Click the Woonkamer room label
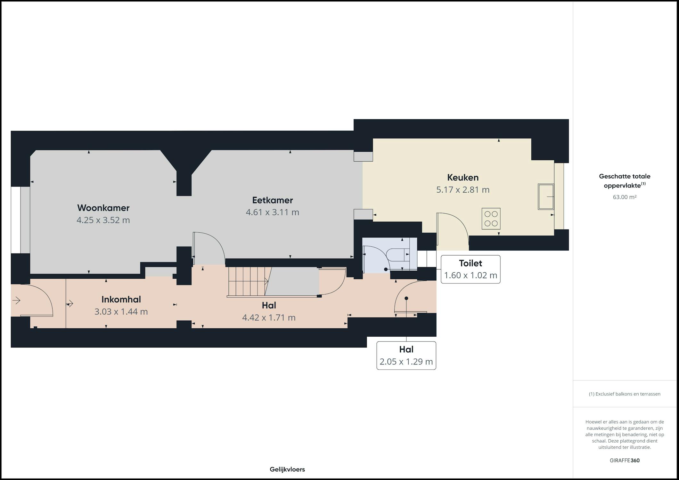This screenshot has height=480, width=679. pos(103,208)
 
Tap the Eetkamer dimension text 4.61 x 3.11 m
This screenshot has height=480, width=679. pos(273,212)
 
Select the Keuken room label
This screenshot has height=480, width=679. pos(463,178)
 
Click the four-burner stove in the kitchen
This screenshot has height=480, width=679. pos(491,219)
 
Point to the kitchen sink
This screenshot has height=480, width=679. pos(546,197)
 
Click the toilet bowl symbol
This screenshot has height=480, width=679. pos(398,255)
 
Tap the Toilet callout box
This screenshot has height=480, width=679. pos(470,269)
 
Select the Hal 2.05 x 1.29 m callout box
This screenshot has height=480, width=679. pos(406,356)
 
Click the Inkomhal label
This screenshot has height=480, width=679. pos(121,300)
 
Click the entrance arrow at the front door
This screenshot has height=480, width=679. pos(16,300)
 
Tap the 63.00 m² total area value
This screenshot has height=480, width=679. pos(625,197)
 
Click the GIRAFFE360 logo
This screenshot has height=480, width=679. pos(625,460)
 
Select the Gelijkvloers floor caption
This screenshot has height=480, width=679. pos(287,469)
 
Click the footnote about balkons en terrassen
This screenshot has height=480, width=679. pos(625,394)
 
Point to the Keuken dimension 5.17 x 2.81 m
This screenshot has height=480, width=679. pos(463,190)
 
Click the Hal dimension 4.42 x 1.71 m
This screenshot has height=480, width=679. pos(269,318)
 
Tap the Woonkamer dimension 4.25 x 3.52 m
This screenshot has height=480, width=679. pos(103,220)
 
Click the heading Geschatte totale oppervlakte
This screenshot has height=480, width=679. pos(625,180)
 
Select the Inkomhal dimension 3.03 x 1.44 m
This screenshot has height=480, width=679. pos(121,312)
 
